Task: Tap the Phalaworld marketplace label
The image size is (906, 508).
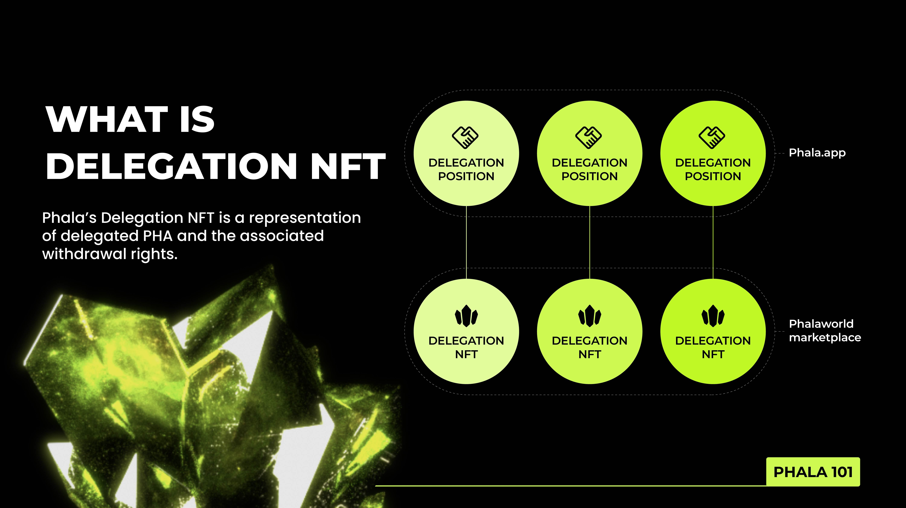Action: pos(825,331)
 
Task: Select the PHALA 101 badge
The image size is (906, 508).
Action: pos(813,472)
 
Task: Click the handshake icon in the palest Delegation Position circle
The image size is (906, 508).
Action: pos(465,137)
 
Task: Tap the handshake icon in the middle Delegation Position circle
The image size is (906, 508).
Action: pos(589,137)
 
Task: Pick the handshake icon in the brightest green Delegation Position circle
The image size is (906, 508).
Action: pos(712,137)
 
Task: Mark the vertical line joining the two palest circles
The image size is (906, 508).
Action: pos(466,242)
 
